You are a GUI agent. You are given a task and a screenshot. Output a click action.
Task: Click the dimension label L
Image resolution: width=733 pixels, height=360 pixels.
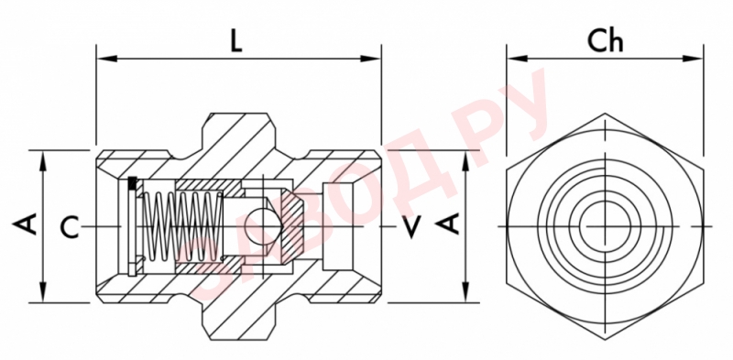click(x=236, y=42)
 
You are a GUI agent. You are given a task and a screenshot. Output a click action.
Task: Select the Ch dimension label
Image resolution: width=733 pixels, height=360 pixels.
click(x=605, y=41)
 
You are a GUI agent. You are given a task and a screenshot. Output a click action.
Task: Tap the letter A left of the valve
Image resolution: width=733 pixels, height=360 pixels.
click(x=27, y=224)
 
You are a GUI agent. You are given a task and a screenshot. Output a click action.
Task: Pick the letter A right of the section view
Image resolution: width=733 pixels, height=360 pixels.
click(x=449, y=224)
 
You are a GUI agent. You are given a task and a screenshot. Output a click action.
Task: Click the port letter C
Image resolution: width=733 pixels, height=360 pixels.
click(x=70, y=226)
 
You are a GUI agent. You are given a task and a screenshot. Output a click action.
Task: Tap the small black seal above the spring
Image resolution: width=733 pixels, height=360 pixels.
click(x=134, y=183)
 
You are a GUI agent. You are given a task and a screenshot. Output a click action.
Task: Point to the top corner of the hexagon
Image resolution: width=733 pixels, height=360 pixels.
click(x=605, y=115)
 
